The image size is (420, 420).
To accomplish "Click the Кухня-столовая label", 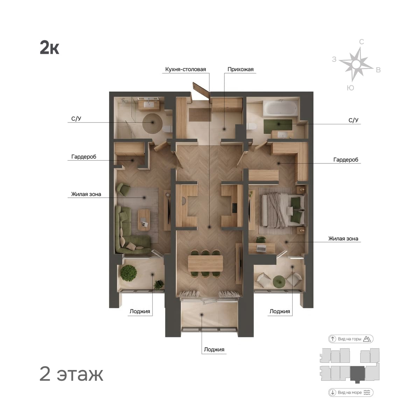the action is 185,69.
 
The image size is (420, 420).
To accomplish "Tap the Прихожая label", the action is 240,69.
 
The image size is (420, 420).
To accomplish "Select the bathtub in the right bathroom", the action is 280,108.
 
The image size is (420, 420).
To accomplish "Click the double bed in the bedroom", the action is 284,211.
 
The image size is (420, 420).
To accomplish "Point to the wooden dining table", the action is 205,263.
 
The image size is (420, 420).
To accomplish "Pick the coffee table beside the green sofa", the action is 144,220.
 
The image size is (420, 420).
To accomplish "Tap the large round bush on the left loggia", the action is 128,273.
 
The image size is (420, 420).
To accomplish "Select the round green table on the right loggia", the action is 279,281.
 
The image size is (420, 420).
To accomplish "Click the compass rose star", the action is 356,64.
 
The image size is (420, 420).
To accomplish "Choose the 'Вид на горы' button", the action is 351,339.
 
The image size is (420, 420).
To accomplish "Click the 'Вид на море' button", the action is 351,393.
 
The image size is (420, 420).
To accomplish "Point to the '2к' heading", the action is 49,48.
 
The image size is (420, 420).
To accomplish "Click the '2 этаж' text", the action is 71,374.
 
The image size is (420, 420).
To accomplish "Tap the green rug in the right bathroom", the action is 278,126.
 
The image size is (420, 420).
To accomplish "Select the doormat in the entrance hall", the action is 200,115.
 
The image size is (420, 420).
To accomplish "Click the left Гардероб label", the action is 84,157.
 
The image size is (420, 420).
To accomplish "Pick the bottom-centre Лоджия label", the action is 214,350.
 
